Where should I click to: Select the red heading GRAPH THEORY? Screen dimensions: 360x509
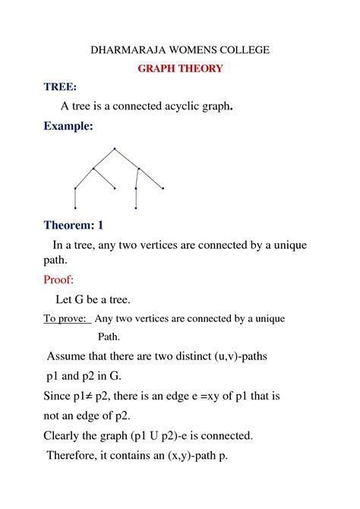180,69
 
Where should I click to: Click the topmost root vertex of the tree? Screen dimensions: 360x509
114,148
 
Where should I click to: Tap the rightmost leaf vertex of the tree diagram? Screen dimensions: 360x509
163,188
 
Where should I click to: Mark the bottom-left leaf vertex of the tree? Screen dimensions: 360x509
75,207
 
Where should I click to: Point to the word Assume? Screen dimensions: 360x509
69,356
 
